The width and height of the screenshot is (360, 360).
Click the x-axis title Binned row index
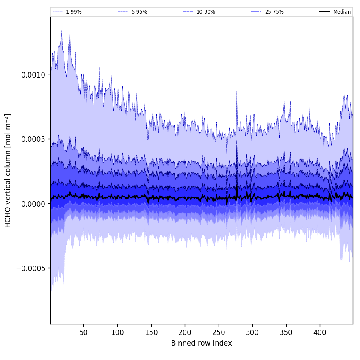click(202, 343)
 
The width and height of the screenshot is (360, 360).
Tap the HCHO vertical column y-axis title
click(8, 170)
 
